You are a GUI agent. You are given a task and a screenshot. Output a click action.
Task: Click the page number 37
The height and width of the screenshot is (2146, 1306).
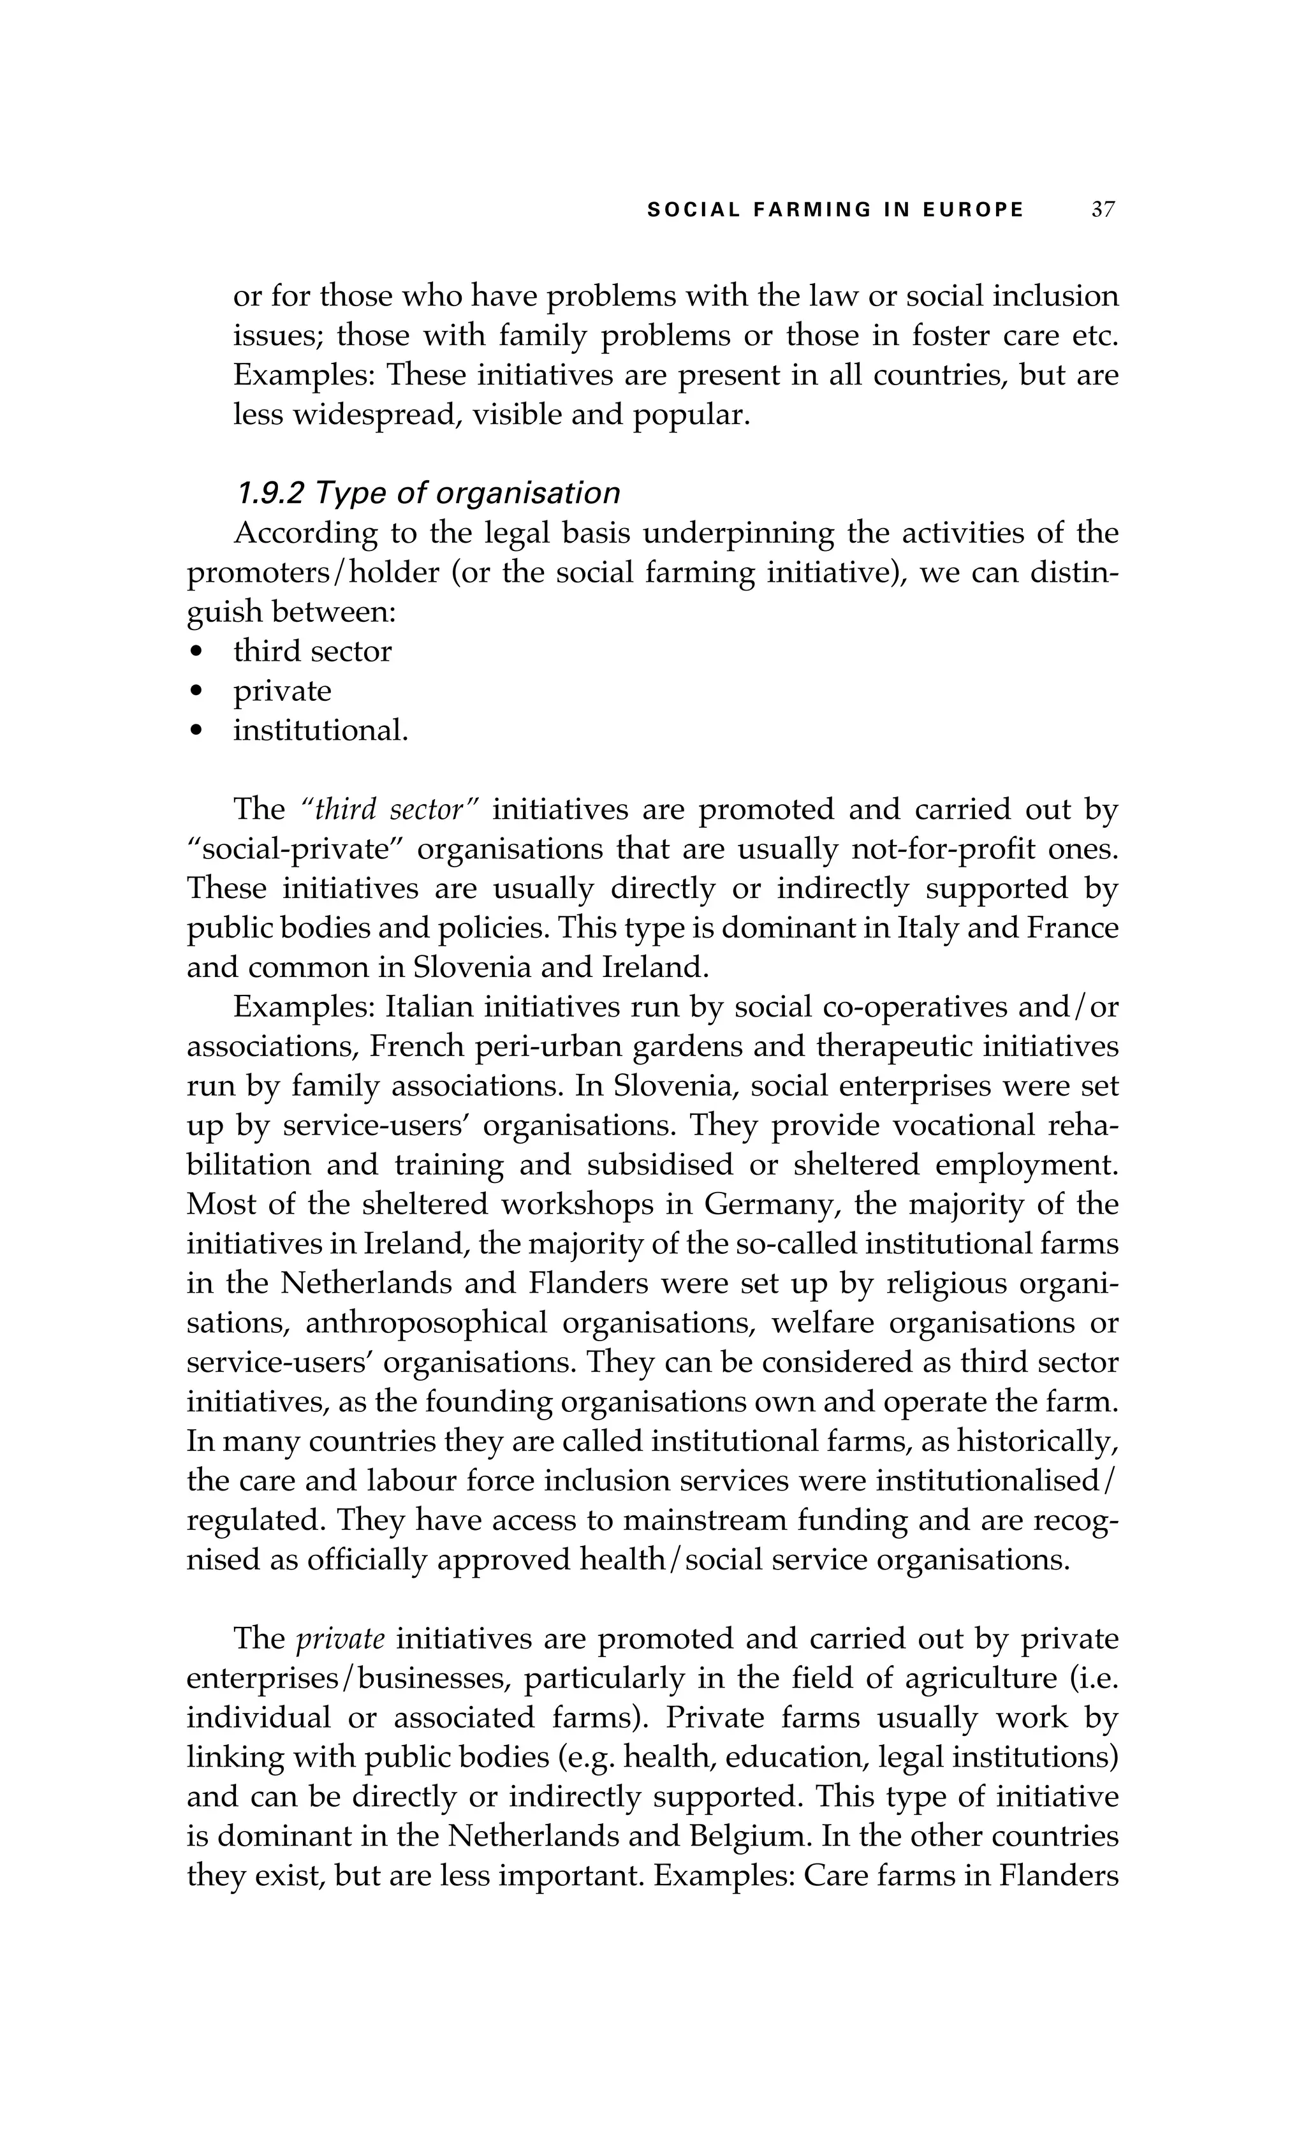(1103, 210)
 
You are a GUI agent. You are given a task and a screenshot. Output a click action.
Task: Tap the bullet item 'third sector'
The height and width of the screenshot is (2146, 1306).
(312, 652)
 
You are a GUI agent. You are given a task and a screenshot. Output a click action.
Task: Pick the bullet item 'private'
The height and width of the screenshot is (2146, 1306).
(282, 691)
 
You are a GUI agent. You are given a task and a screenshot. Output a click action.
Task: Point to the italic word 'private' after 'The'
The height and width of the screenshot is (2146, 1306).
(341, 1638)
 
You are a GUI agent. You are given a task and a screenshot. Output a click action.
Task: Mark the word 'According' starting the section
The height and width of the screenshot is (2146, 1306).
(305, 533)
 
